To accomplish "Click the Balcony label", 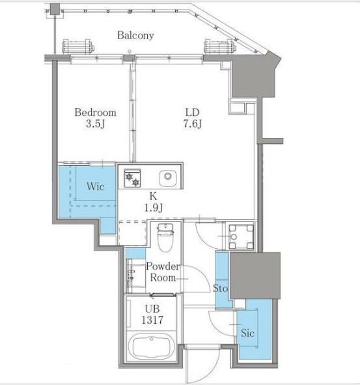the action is pos(135,35).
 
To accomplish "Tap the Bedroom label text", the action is pos(96,113).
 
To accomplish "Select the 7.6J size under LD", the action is pos(193,124).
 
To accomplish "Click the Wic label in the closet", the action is pos(96,186).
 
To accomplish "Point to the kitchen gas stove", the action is pos(132,178).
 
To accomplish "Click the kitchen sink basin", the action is pos(168,178).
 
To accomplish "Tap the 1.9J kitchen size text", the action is pos(153,208).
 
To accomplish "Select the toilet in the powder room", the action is pos(165,237).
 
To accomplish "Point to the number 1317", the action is pos(152,320).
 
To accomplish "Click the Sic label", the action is pos(247,333).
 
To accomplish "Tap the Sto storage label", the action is pos(220,288).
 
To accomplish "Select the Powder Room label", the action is pos(163,272).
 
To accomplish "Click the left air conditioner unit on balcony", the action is pos(77,46).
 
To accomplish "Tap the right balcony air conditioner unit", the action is pos(220,46).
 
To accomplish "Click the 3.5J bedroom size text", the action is pos(95,124).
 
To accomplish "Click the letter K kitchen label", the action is pos(153,196).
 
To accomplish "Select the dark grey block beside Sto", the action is pos(255,276).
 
